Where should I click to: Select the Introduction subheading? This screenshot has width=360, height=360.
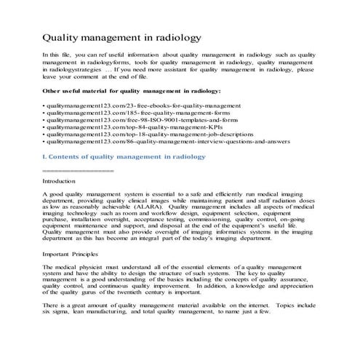click(x=60, y=180)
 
